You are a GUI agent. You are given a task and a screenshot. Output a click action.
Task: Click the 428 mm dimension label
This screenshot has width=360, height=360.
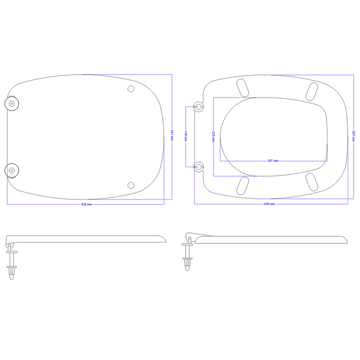click(x=86, y=204)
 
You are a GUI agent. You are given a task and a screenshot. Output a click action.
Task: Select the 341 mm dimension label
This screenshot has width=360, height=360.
click(x=172, y=135)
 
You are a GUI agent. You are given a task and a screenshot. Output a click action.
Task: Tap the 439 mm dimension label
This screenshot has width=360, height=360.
click(x=269, y=204)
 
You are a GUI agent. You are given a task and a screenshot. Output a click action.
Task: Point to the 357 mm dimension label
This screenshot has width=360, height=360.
click(x=354, y=136)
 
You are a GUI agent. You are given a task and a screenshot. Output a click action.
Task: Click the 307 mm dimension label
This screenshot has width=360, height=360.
click(x=273, y=161)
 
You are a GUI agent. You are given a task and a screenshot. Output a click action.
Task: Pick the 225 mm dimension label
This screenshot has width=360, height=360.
click(x=213, y=137)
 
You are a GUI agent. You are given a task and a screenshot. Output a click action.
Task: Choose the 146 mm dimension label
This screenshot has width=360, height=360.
click(x=186, y=137)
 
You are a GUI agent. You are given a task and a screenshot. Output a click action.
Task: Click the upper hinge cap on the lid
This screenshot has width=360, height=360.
click(x=12, y=104)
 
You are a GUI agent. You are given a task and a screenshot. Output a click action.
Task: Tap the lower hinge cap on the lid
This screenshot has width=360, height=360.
click(x=12, y=170)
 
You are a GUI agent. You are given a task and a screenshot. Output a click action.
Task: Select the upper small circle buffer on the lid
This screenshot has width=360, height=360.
click(x=131, y=89)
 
